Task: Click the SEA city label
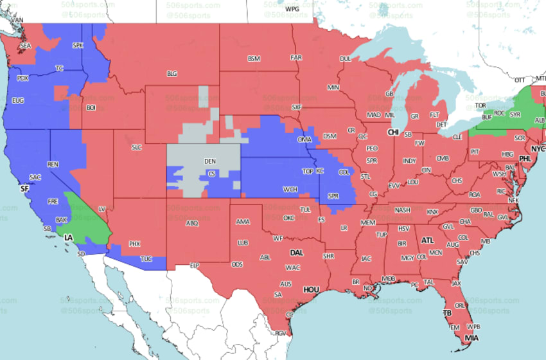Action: point(26,46)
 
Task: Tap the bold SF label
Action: point(24,189)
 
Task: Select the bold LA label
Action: point(69,238)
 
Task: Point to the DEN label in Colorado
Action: point(210,161)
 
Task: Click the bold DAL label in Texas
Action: point(296,253)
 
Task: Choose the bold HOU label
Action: point(312,289)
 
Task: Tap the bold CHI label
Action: point(393,132)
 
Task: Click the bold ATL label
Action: point(427,240)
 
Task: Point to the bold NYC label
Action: point(538,148)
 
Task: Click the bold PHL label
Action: point(525,158)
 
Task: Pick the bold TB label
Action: point(448,313)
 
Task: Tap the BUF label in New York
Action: point(486,117)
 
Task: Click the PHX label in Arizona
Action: point(134,244)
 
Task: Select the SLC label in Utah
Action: point(136,147)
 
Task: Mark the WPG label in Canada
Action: point(292,10)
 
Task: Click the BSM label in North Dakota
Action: point(254,59)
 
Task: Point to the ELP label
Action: point(196,265)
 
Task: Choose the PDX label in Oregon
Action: point(23,78)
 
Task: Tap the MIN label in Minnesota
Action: point(333,87)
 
